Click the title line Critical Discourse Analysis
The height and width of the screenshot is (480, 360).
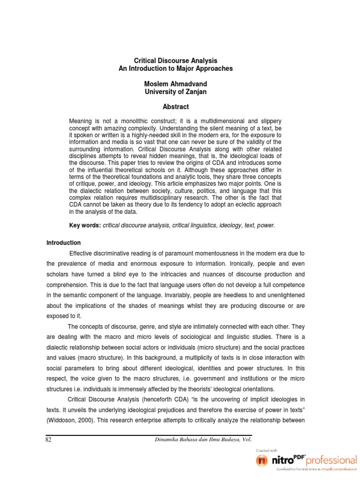point(176,61)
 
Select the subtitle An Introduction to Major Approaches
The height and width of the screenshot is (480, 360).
point(176,68)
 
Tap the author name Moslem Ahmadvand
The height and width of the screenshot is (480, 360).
point(176,84)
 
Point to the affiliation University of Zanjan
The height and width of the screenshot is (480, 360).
point(176,91)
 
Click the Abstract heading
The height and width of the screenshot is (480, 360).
point(176,107)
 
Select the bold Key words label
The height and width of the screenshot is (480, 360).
point(85,225)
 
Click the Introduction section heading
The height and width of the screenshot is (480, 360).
point(63,243)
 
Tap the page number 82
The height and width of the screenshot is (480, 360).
point(49,439)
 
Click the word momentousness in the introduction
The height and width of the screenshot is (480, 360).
point(211,254)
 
